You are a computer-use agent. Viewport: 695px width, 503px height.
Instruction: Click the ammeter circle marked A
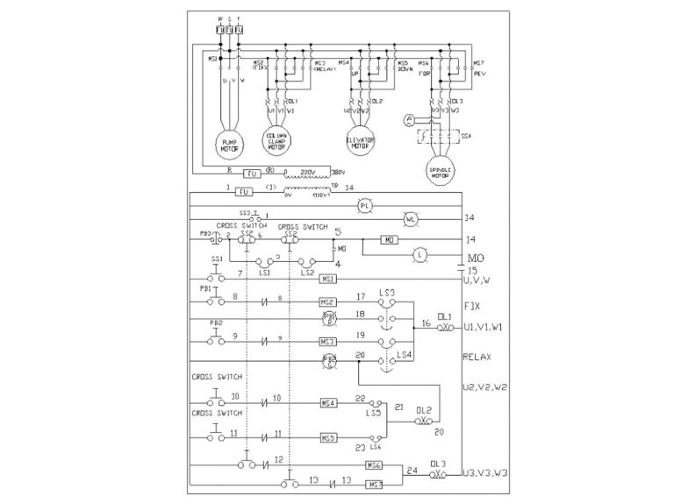tap(408, 118)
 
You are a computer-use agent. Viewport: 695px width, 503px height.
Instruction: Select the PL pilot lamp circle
tap(366, 204)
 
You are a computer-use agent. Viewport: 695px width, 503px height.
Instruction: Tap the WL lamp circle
tap(407, 217)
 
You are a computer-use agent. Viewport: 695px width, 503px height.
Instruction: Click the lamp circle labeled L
tap(419, 253)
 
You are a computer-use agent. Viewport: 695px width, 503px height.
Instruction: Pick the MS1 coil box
tap(329, 279)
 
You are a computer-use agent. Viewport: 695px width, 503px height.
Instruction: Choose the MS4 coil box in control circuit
tap(329, 402)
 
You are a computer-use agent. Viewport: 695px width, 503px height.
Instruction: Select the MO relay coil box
tap(388, 238)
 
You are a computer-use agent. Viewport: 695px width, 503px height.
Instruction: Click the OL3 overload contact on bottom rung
tap(437, 474)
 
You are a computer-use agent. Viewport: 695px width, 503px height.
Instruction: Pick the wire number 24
tap(412, 471)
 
